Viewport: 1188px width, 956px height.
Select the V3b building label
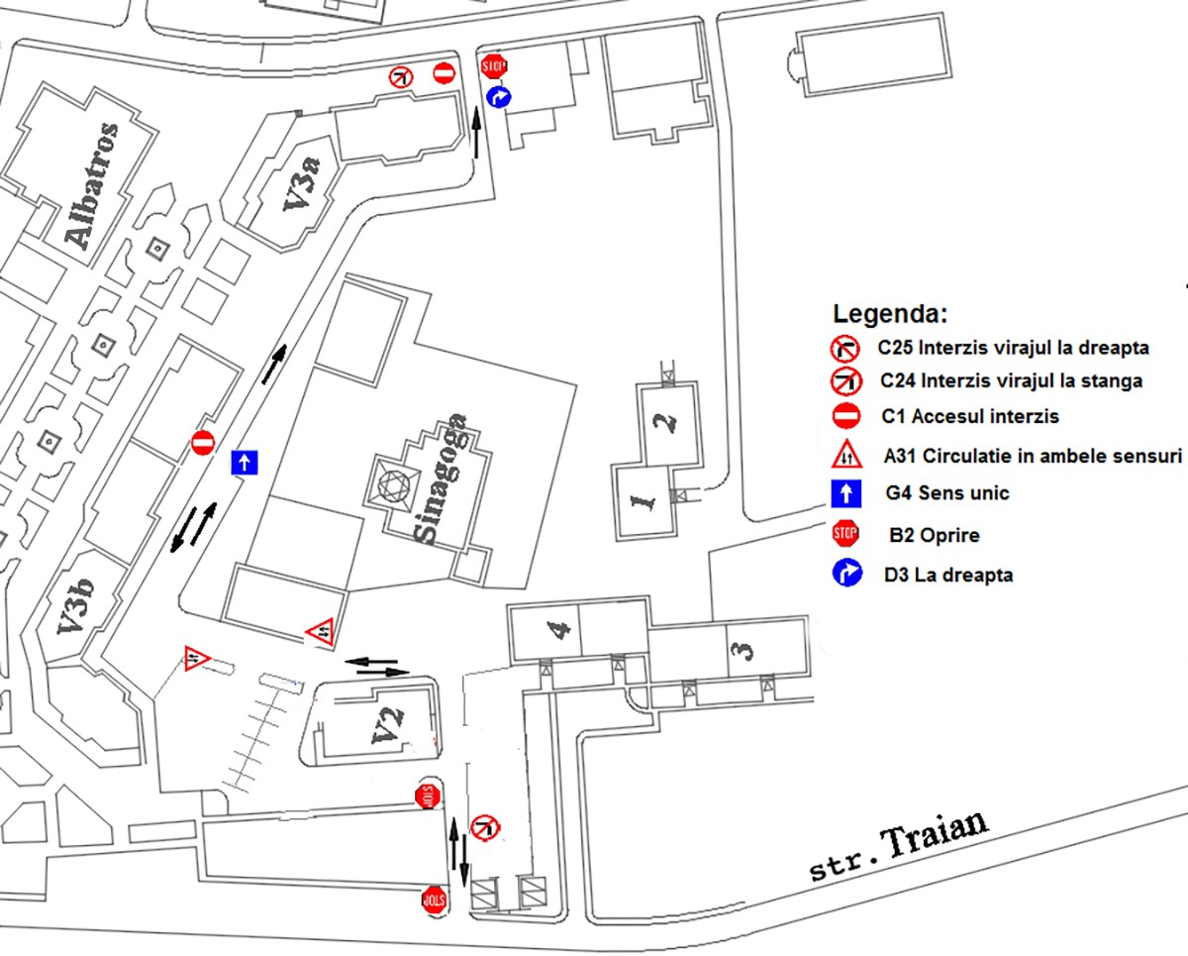tap(73, 621)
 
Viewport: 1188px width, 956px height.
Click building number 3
tap(744, 649)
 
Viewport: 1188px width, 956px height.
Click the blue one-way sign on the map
tap(245, 462)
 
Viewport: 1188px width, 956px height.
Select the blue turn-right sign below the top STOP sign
tap(499, 96)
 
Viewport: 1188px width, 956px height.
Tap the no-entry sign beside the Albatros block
tap(203, 442)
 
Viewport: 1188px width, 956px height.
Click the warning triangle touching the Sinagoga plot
tap(320, 630)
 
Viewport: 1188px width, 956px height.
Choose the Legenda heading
tap(890, 315)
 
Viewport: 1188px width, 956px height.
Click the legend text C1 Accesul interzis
tap(969, 416)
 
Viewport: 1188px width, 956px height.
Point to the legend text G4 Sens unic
tap(946, 492)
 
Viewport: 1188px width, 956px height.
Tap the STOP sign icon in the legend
tap(844, 534)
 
